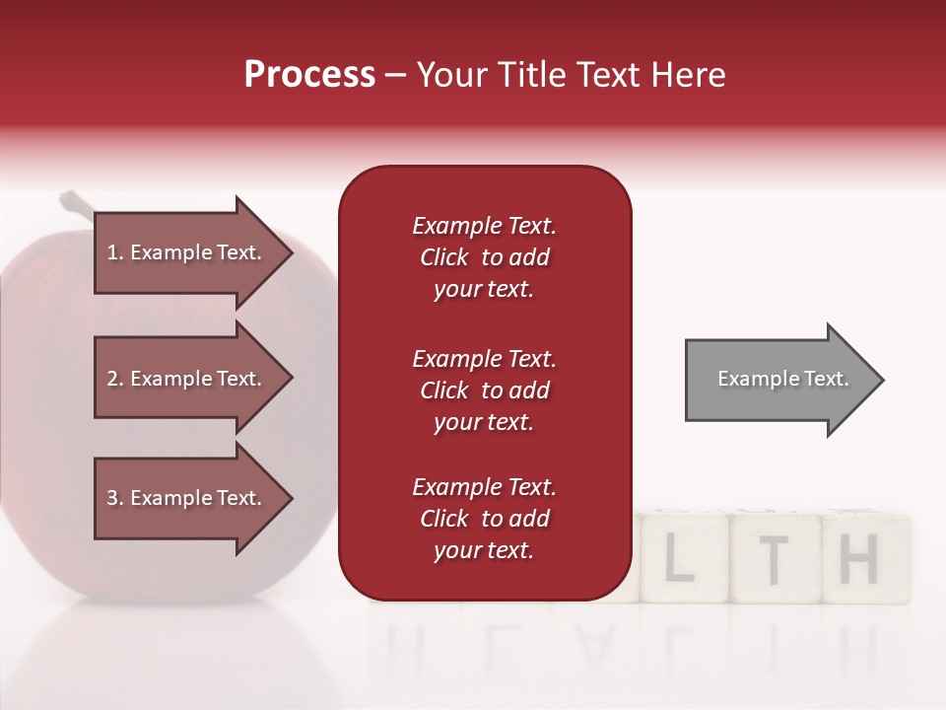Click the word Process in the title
point(309,75)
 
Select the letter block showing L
point(679,559)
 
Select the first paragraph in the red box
point(484,257)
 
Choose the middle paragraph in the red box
point(484,390)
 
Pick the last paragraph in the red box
point(484,519)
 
